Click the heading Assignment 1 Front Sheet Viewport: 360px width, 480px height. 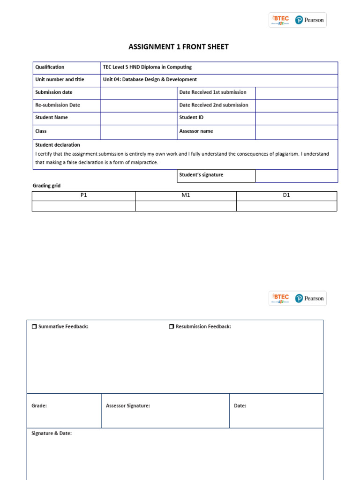point(179,47)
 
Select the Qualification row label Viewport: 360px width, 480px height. point(50,67)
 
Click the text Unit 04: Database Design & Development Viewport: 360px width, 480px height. point(150,80)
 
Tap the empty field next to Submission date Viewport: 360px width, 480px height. point(138,93)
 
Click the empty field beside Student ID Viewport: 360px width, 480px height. point(296,118)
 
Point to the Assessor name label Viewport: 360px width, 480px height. point(196,131)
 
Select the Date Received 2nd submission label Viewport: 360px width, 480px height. point(214,105)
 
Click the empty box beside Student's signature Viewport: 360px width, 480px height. point(296,175)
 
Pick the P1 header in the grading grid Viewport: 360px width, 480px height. point(84,195)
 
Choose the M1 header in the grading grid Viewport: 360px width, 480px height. point(186,195)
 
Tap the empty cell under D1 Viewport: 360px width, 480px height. point(286,206)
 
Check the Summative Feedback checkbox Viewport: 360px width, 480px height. point(34,327)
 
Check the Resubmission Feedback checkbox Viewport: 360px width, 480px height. point(172,327)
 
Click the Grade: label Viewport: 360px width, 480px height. point(39,406)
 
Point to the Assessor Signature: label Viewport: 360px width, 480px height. point(128,406)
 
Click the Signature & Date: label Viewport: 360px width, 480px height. point(52,434)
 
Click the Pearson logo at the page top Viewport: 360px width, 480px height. point(309,20)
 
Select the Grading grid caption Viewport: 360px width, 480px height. point(46,186)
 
